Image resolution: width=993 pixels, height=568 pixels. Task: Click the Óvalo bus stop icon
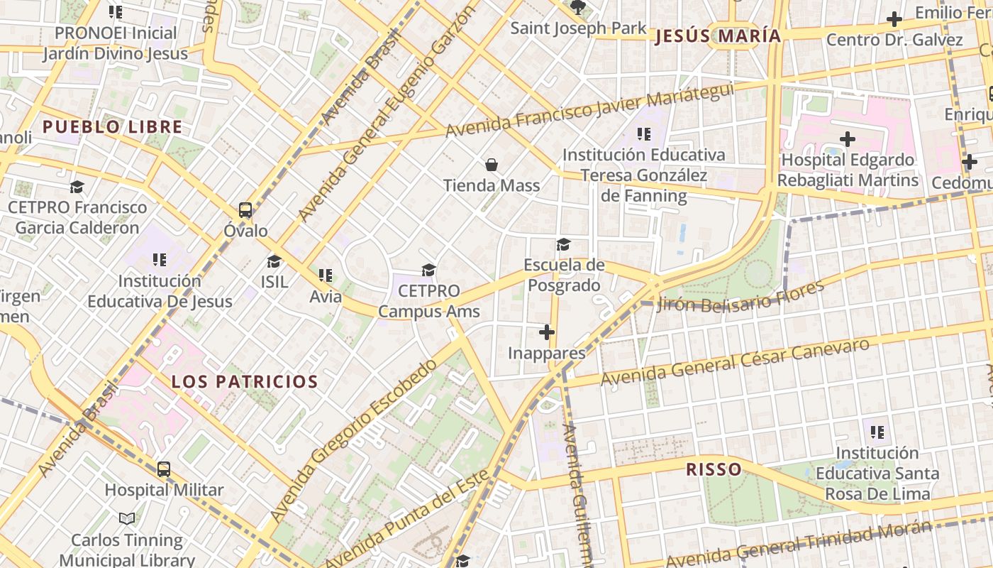245,210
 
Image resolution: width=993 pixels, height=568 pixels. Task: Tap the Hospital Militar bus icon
164,469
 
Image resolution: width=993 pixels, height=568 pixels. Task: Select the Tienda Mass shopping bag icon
492,165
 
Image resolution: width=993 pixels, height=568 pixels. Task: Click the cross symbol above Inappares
546,332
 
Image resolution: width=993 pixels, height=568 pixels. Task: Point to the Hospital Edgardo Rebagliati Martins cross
847,139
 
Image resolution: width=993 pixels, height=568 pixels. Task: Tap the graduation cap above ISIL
274,261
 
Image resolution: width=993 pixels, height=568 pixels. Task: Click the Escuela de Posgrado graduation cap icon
563,245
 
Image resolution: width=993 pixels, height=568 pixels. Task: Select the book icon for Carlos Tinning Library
127,519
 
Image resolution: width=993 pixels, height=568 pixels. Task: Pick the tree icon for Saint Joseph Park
578,8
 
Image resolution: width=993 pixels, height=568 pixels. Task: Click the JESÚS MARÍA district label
717,36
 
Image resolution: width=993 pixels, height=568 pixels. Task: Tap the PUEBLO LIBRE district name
113,127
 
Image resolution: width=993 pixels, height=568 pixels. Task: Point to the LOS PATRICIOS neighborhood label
245,381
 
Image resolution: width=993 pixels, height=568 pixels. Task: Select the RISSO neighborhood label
714,469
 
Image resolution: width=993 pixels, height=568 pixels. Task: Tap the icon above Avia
326,275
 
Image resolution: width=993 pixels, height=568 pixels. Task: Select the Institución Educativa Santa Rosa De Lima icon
877,432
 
